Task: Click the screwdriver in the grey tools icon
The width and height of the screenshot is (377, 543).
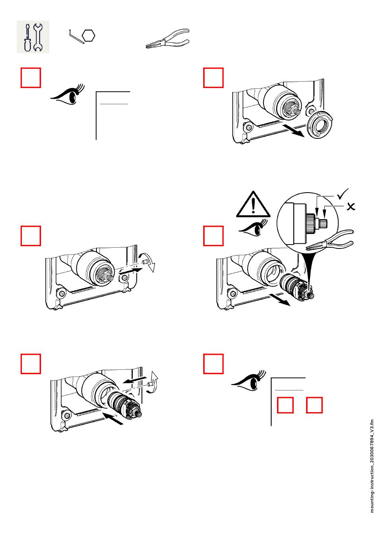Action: click(27, 37)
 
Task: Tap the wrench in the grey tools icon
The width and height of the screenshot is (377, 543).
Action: click(38, 37)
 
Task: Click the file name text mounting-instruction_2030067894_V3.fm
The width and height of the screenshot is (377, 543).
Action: click(372, 466)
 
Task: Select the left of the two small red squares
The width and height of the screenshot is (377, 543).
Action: click(285, 405)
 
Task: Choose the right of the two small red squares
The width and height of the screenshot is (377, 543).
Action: click(314, 405)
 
